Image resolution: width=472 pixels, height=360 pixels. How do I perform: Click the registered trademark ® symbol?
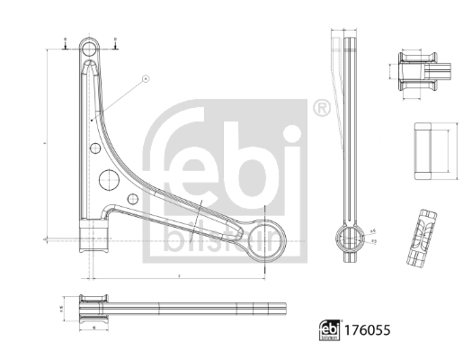pos(321,108)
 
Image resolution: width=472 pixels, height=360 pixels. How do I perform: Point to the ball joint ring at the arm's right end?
pos(268,238)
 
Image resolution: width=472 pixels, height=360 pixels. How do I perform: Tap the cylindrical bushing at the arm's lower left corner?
pos(91,238)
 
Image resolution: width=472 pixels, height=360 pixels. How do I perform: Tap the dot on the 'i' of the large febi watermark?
pos(291,136)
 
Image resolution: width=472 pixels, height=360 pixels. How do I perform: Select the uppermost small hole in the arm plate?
pos(93,117)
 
